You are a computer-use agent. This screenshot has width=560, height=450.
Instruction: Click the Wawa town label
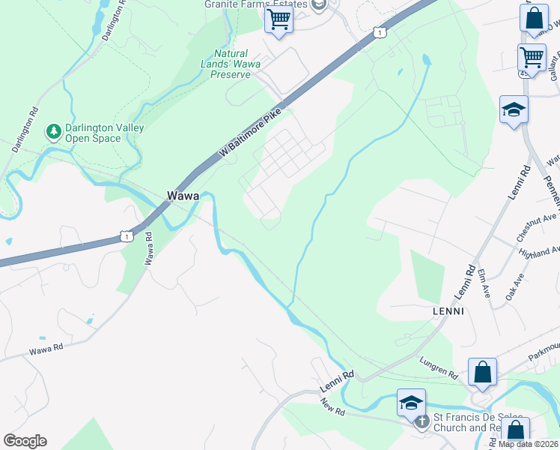tap(183, 196)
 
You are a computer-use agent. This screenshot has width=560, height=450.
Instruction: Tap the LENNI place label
tap(448, 310)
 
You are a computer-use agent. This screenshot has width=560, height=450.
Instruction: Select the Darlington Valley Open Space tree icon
tap(53, 133)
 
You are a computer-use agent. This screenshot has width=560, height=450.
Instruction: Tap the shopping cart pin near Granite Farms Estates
tap(279, 20)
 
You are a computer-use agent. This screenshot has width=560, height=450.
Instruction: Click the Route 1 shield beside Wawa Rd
tap(127, 237)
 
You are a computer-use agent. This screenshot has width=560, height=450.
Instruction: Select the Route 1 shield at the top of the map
tap(380, 32)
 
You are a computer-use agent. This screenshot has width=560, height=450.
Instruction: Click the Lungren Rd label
tap(438, 367)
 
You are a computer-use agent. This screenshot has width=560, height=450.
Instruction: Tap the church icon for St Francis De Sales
tap(421, 421)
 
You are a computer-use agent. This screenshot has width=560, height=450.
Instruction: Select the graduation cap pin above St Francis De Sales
tap(411, 403)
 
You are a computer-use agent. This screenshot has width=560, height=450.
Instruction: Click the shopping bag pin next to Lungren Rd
tap(483, 372)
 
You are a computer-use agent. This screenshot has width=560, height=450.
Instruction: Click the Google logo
tap(25, 441)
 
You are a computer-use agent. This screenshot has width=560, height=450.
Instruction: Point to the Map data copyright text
tap(528, 444)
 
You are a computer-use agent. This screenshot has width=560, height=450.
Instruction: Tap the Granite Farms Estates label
tap(256, 4)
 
